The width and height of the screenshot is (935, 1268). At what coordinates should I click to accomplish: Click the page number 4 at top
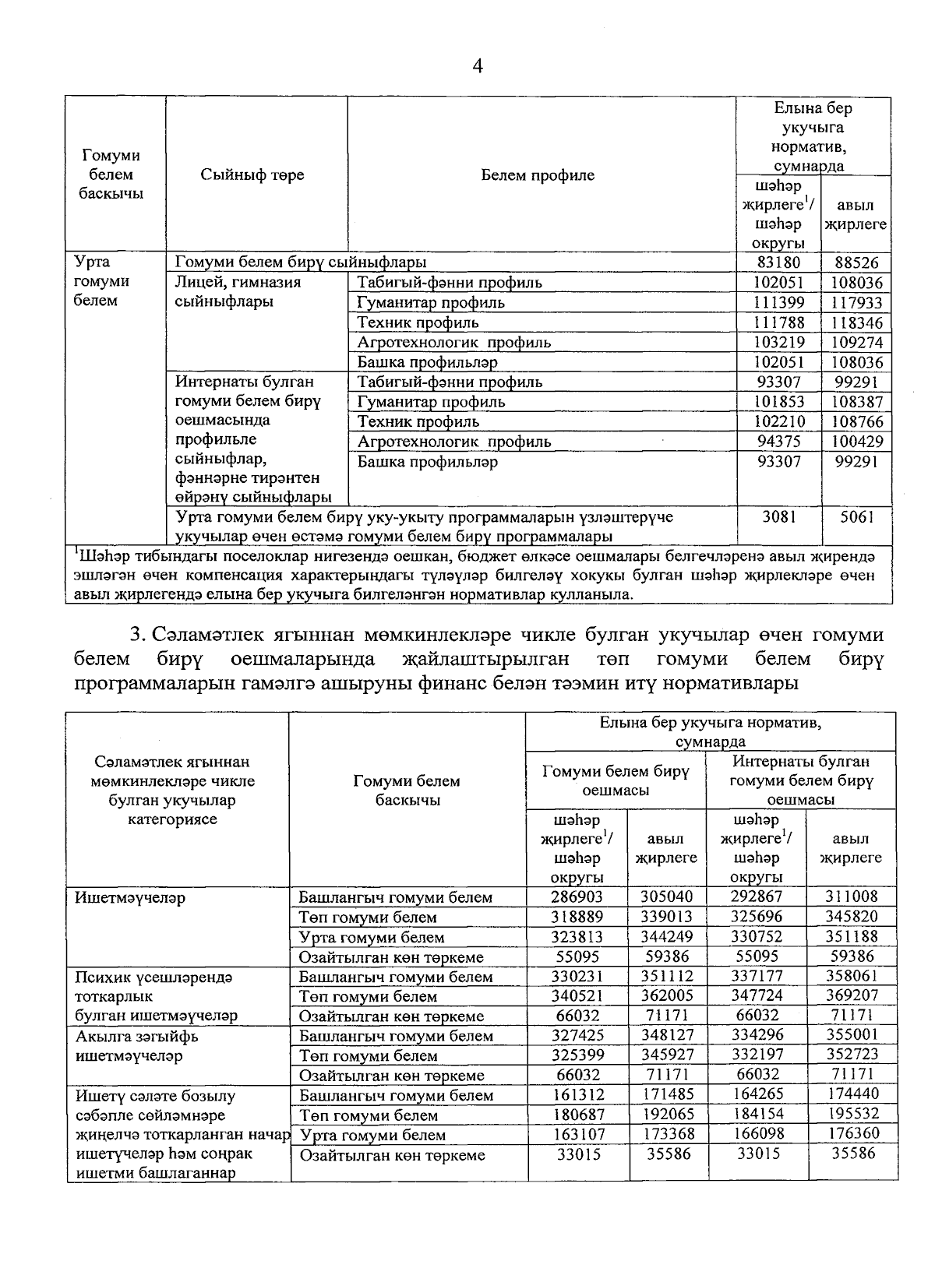tap(478, 67)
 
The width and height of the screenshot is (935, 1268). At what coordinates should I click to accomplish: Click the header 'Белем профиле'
tap(538, 174)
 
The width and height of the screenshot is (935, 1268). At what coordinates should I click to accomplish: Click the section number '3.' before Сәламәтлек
tap(139, 636)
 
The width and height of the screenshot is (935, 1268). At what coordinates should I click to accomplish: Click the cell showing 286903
tap(577, 896)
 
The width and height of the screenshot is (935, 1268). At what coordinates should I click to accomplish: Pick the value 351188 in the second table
tap(852, 936)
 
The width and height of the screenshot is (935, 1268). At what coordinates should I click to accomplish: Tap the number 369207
tap(852, 995)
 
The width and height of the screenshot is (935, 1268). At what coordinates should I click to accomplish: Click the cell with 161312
tap(577, 1094)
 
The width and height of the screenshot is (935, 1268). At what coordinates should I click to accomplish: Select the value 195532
tap(852, 1115)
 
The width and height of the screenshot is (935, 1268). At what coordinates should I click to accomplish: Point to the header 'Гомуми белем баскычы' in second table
tap(407, 790)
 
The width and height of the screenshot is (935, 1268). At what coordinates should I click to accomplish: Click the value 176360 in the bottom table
tap(852, 1134)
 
